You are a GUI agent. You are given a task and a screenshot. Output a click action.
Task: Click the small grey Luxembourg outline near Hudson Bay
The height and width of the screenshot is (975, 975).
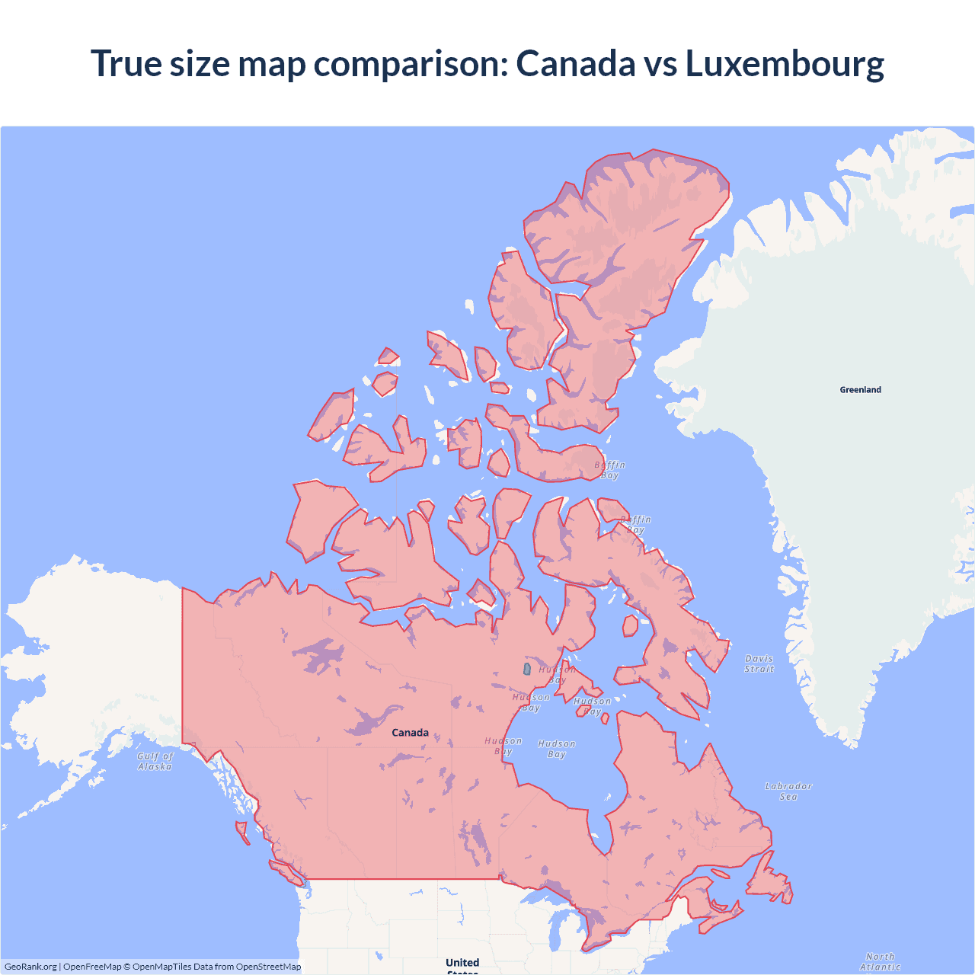tap(526, 669)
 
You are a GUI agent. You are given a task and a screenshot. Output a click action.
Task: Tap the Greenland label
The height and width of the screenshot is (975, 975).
tap(860, 390)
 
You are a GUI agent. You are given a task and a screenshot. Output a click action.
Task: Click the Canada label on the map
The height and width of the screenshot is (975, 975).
tap(410, 733)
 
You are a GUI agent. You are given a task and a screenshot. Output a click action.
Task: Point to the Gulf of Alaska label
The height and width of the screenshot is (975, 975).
tap(155, 761)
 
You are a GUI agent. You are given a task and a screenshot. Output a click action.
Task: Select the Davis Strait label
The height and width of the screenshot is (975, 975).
tap(759, 663)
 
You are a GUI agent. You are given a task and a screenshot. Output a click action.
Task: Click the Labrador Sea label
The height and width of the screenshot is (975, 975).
tap(788, 791)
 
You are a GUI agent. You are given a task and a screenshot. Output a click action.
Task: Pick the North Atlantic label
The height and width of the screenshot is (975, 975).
tap(880, 961)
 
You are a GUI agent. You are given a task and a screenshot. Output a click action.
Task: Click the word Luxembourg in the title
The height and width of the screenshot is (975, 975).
tap(785, 63)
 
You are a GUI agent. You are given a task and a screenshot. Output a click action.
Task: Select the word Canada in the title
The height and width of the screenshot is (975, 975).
tap(575, 63)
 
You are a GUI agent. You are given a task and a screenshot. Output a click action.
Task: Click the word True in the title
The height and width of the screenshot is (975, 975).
tap(126, 63)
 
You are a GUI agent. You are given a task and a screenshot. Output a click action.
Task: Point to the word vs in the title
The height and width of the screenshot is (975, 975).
tap(660, 63)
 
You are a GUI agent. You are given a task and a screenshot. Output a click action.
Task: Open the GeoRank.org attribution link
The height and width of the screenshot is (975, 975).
tap(30, 967)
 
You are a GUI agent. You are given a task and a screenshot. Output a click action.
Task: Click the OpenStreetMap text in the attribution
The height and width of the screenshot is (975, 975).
tap(268, 967)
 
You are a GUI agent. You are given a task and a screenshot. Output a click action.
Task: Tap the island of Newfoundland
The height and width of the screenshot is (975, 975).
tap(769, 884)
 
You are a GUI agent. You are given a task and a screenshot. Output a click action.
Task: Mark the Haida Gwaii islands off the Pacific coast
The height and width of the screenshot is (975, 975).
tap(242, 832)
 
